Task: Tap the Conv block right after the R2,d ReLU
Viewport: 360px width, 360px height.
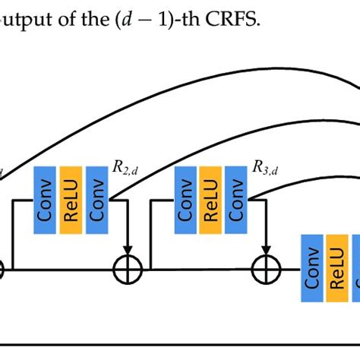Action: point(97,200)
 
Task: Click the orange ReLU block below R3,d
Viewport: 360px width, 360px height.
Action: point(212,200)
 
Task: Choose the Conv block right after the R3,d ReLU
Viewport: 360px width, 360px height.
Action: point(237,200)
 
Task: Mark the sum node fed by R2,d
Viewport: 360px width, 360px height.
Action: point(127,269)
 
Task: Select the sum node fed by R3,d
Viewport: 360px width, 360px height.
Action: point(267,269)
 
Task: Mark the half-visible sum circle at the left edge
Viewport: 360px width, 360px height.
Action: point(2,269)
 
